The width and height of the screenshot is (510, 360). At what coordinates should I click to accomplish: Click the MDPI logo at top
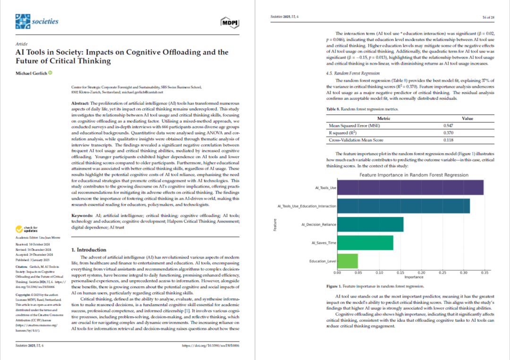pos(229,22)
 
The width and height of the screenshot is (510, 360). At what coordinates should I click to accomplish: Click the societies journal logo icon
pos(22,21)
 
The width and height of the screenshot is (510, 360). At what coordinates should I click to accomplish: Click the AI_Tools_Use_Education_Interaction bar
pos(403,206)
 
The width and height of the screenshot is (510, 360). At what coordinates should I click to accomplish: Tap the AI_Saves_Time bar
pos(365,243)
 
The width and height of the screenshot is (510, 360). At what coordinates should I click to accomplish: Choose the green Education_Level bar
pos(347,261)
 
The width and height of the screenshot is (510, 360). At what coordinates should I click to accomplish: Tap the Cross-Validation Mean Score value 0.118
pos(435,140)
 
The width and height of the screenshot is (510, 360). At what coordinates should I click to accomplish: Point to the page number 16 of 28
pos(487,17)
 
